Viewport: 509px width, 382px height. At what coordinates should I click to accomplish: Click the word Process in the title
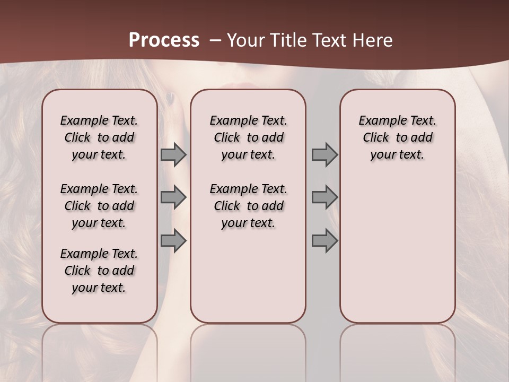164,40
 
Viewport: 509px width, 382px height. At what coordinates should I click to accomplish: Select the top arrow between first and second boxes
173,155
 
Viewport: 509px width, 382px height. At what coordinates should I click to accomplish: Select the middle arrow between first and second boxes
173,197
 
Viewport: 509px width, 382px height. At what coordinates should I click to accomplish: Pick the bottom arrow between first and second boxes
173,241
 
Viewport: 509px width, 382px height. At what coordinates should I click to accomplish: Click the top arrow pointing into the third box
324,155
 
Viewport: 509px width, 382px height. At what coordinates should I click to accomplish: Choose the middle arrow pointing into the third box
324,197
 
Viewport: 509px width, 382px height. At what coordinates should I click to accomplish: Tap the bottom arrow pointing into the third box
324,241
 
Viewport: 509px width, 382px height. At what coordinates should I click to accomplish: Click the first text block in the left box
99,137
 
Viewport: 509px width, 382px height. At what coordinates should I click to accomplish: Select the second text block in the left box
99,206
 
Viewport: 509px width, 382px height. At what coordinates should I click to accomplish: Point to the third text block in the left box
99,271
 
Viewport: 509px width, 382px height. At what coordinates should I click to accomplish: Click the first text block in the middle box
248,137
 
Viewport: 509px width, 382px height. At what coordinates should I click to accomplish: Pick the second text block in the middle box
248,206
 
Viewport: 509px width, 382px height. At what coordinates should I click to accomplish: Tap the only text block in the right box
397,137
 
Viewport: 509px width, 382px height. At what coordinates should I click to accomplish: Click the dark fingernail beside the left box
170,98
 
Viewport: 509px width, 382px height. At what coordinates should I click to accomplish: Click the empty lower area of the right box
397,255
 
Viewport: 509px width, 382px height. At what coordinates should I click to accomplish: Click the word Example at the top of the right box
377,121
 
